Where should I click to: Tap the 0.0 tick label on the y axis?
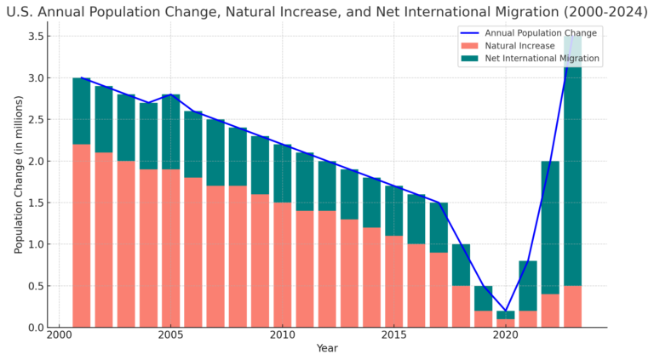[35, 328]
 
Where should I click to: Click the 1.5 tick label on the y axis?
[35, 203]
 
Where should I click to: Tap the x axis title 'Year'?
[327, 349]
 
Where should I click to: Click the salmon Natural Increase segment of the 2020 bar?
[505, 323]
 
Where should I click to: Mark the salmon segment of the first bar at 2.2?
[82, 236]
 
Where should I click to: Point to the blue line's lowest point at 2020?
[505, 311]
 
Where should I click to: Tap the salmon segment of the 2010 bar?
[282, 265]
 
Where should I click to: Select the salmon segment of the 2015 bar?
[393, 282]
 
